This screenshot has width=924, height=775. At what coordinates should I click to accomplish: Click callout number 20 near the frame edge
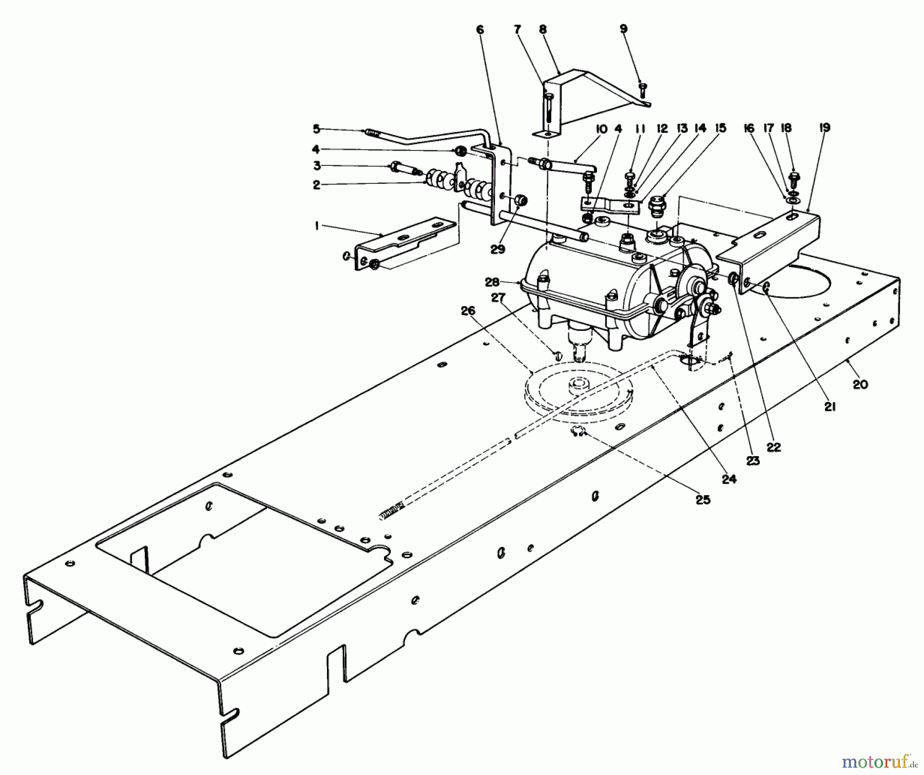860,384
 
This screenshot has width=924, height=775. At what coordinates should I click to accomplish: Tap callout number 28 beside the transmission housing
492,282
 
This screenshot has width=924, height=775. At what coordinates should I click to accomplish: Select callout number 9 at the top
623,29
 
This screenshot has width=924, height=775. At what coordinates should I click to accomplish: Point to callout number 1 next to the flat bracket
317,225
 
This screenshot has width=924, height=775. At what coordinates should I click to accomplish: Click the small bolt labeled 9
642,91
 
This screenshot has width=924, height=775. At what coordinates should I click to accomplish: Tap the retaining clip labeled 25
577,432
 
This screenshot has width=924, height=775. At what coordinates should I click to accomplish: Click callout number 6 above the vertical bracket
480,30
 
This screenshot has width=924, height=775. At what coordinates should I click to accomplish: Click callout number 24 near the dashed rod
729,479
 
